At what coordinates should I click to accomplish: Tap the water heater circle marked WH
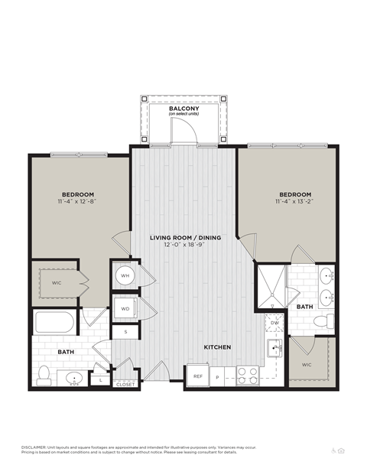124,275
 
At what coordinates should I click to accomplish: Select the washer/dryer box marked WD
125,309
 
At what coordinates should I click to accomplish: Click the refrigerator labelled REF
196,376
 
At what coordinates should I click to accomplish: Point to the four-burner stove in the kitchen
247,375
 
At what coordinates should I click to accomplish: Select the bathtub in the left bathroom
54,321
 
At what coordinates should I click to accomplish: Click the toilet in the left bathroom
44,375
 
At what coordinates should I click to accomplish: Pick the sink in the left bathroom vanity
74,377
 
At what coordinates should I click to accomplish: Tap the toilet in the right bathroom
327,320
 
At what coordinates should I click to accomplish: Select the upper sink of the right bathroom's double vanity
327,275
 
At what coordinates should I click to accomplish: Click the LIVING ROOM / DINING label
185,238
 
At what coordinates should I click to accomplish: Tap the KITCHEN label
217,347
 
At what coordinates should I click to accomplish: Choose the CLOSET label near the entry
125,384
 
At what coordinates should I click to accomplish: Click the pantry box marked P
218,376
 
